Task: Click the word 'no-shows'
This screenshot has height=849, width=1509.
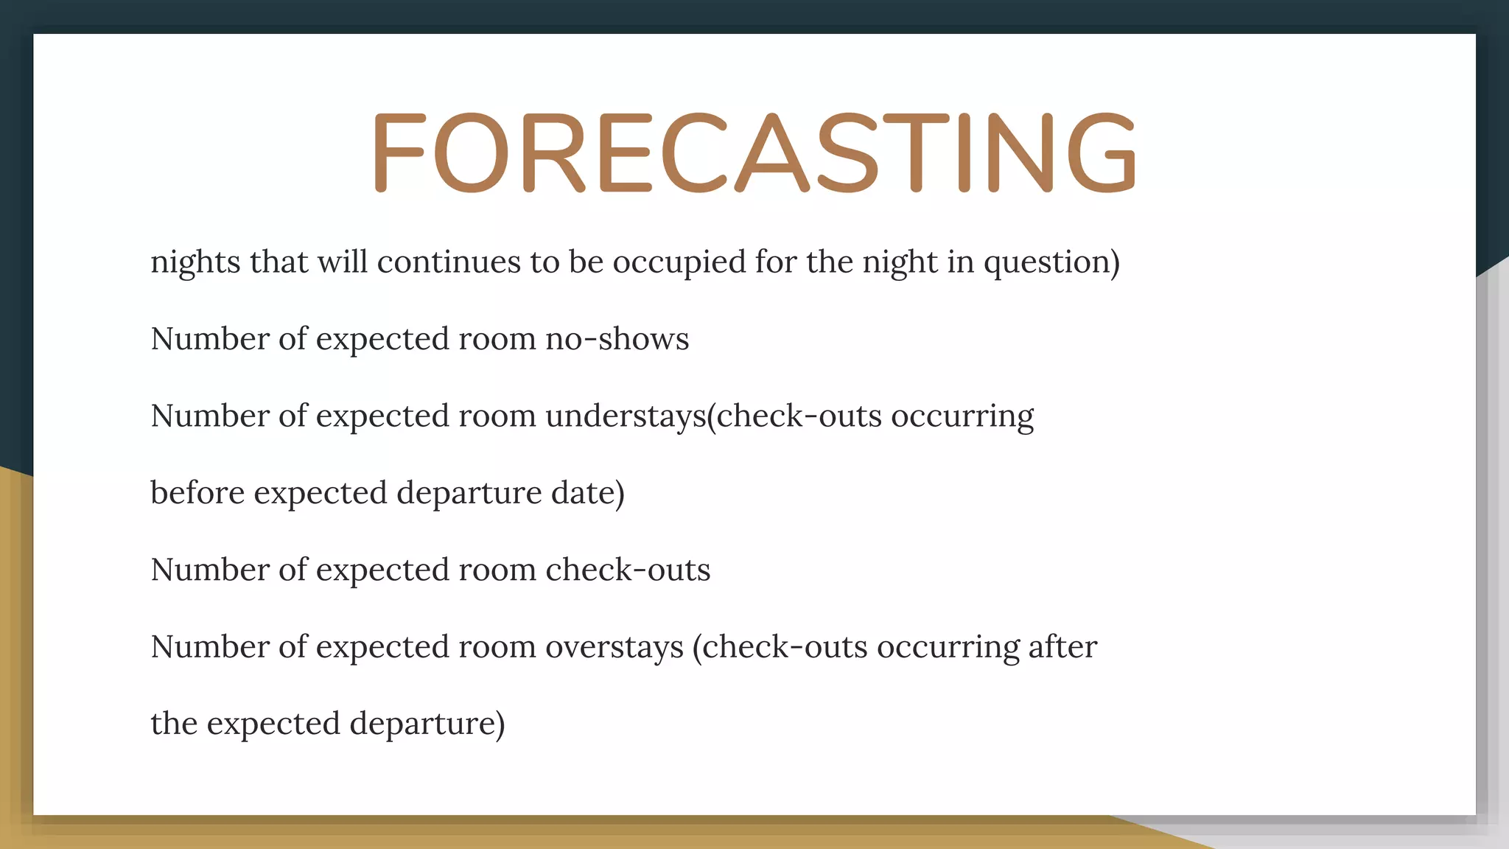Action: [x=617, y=339]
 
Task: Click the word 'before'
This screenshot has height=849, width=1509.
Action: [x=197, y=492]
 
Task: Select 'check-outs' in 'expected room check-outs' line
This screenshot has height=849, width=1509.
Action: [x=628, y=570]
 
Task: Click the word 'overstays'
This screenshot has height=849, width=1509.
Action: [x=615, y=647]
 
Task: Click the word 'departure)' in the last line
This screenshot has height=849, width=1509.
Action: [x=427, y=724]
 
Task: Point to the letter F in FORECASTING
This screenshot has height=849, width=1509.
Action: [x=399, y=153]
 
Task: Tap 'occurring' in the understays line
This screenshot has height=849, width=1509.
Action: [x=962, y=416]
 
